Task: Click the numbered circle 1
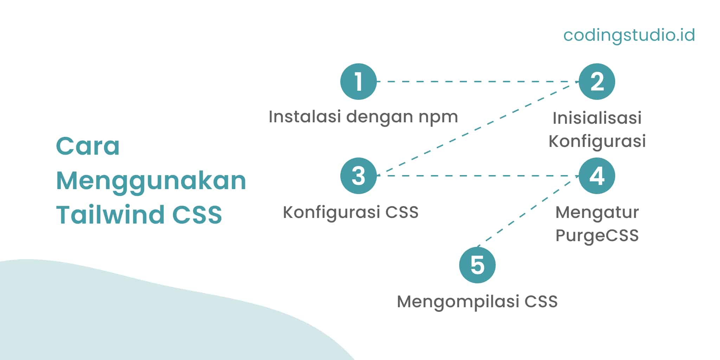coord(358,82)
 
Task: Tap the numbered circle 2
coord(597,82)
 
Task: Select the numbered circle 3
coord(358,176)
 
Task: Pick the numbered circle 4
coord(597,176)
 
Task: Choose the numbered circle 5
coord(477,265)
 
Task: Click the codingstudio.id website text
coord(629,35)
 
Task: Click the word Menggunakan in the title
coord(151,181)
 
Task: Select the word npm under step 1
coord(438,117)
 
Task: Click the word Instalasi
coord(305,117)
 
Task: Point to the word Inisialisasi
coord(597,118)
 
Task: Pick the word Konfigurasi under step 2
coord(597,141)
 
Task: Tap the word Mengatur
coord(597,212)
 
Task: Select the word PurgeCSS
coord(597,236)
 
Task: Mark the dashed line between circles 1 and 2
coord(477,82)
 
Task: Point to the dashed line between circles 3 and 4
coord(477,176)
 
